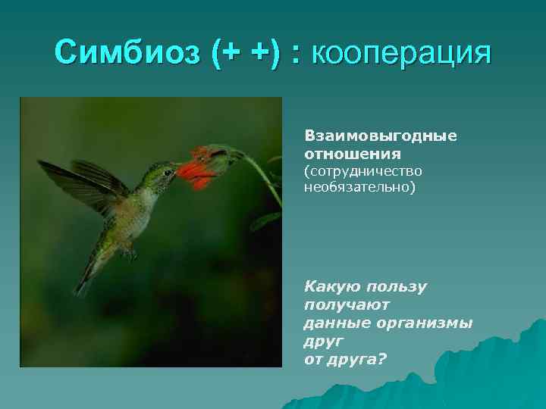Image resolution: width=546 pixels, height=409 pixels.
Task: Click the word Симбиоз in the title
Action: click(x=126, y=54)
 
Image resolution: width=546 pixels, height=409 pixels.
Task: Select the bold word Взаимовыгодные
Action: click(x=380, y=136)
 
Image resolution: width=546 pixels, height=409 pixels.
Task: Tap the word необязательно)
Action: click(x=359, y=186)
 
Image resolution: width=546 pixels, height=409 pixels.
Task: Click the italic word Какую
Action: click(x=331, y=286)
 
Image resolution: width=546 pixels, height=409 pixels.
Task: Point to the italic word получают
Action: click(x=346, y=304)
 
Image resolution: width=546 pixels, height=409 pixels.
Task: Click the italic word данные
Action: click(x=337, y=322)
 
